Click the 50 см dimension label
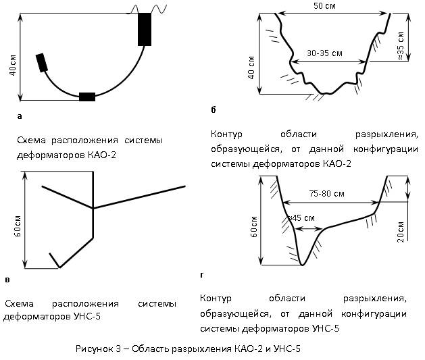(x=324, y=5)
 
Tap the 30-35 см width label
(x=324, y=53)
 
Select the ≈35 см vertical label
(x=401, y=46)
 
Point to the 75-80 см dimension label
(x=326, y=194)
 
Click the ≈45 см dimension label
(x=301, y=218)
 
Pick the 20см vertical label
(x=401, y=232)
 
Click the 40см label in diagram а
(x=13, y=65)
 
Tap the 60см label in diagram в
(x=18, y=226)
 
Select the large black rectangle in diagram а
(x=145, y=29)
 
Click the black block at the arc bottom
(x=87, y=97)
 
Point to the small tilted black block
(x=42, y=63)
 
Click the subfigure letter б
(x=214, y=109)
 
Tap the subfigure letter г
(x=201, y=275)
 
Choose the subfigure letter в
(x=7, y=280)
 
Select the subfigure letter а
(x=19, y=116)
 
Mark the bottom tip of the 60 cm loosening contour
(x=302, y=265)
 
